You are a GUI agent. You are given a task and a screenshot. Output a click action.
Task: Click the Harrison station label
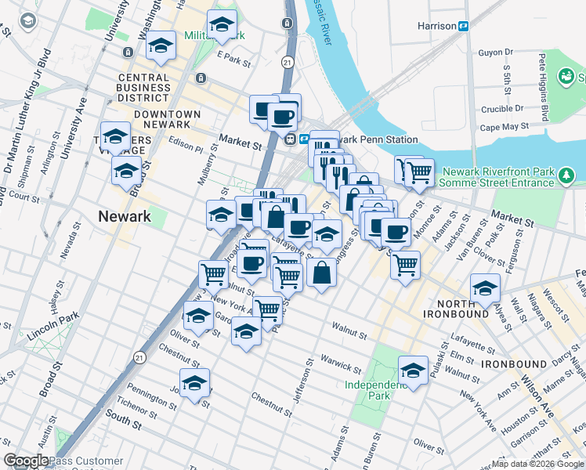[x=436, y=26]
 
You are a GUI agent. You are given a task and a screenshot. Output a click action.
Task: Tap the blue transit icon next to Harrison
[x=463, y=26]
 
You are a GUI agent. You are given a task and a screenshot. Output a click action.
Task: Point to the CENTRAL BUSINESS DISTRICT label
[x=143, y=88]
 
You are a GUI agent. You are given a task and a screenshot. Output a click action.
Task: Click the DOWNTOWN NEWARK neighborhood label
[x=167, y=120]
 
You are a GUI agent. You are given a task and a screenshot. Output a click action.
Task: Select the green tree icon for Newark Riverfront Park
[x=567, y=177]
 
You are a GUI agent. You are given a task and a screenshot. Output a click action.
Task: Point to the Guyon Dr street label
[x=495, y=52]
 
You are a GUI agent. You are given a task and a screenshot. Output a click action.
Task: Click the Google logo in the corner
[x=26, y=461]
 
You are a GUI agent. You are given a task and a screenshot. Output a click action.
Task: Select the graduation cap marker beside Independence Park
[x=413, y=371]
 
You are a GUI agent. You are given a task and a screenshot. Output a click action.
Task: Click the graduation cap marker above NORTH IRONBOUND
[x=485, y=289]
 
